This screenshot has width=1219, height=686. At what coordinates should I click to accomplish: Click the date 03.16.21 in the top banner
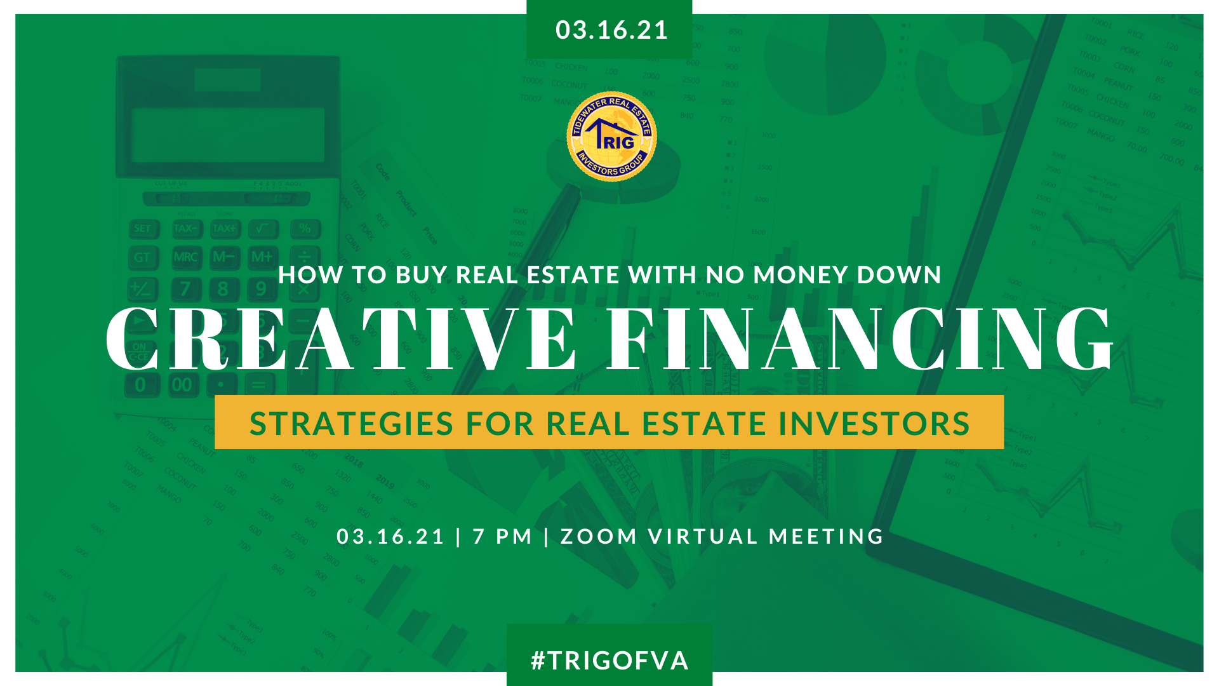[611, 30]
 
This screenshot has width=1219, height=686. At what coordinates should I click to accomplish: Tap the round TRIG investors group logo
[611, 137]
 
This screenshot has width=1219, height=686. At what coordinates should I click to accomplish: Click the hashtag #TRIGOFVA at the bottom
[609, 661]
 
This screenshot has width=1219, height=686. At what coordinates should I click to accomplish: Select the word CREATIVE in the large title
[341, 338]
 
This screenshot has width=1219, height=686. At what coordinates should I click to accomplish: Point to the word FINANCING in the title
[860, 338]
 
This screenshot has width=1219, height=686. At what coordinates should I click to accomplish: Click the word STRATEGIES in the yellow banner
[352, 424]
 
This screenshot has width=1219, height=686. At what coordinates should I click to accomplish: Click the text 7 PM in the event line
[502, 537]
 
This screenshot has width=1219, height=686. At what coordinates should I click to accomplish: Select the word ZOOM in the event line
[599, 537]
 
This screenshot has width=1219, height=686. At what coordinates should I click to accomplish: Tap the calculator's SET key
[143, 229]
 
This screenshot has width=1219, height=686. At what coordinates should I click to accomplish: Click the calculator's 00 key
[182, 385]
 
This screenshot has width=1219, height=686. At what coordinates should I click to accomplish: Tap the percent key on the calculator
[305, 229]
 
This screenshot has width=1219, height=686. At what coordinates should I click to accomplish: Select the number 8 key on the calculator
[223, 289]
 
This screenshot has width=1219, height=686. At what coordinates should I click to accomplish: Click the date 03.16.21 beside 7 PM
[390, 537]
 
